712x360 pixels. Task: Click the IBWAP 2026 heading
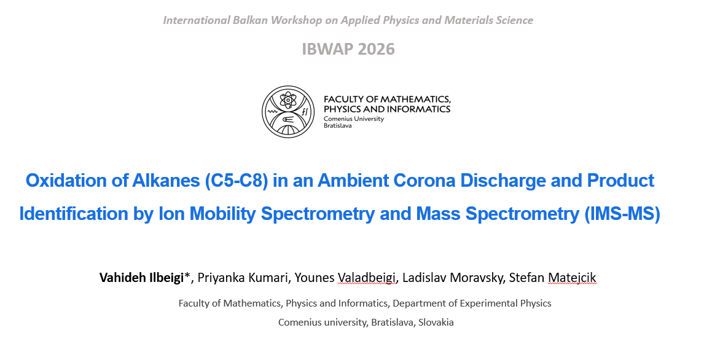pos(348,49)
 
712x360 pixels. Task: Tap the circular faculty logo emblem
pos(288,112)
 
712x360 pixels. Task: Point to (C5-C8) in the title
pos(236,181)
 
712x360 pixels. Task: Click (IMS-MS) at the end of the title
pos(622,214)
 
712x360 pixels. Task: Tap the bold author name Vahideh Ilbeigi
pos(141,278)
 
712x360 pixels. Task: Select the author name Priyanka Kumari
pos(243,278)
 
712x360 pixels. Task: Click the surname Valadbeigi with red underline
pos(367,278)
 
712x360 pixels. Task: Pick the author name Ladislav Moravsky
pos(452,278)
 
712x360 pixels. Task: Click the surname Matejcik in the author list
pos(572,278)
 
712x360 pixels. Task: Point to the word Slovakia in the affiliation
pos(436,323)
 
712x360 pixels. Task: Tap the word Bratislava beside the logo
pos(337,126)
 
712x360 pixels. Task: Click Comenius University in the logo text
pos(354,119)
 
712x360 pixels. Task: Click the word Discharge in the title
pos(503,181)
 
